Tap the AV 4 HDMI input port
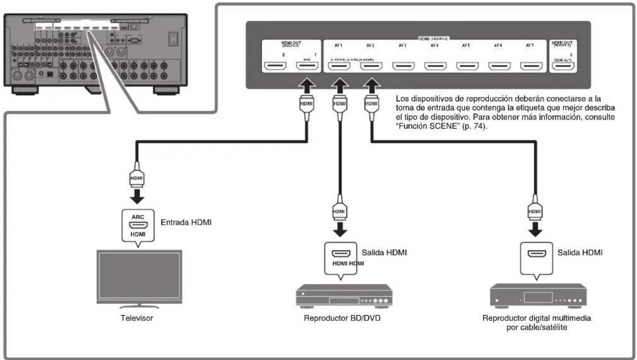pyautogui.click(x=435, y=66)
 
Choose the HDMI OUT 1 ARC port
pyautogui.click(x=307, y=66)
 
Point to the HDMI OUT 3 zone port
pyautogui.click(x=564, y=66)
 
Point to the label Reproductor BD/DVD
pyautogui.click(x=342, y=318)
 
